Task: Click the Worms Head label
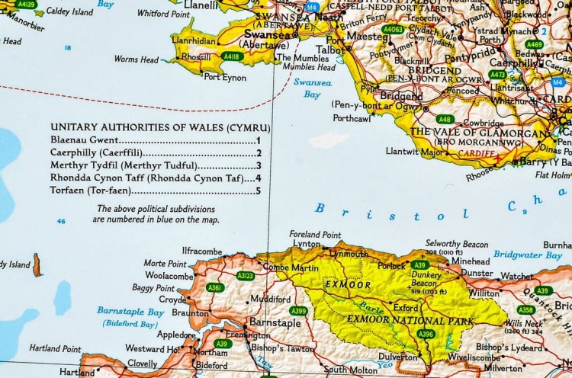(136, 59)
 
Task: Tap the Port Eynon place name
(224, 76)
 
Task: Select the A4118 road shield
(231, 56)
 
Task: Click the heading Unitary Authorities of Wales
(155, 127)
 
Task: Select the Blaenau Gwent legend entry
(84, 140)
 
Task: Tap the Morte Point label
(165, 263)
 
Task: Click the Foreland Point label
(315, 235)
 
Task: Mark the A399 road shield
(298, 310)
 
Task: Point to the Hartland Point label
(55, 348)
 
